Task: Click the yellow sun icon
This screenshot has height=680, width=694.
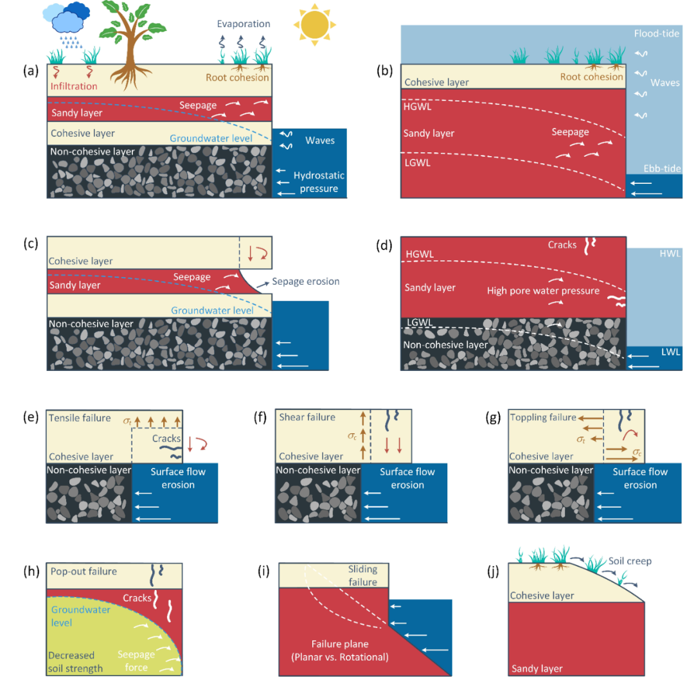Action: [x=315, y=25]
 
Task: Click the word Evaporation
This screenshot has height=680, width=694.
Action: [x=244, y=24]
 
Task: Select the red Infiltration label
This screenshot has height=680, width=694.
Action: [x=74, y=86]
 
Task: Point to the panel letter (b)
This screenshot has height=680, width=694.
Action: [x=384, y=71]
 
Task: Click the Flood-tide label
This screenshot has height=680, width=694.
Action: [x=656, y=33]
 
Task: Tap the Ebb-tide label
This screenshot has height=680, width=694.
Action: [x=662, y=168]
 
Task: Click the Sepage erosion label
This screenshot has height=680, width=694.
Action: [x=306, y=282]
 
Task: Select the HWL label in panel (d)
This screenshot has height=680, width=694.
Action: [x=670, y=254]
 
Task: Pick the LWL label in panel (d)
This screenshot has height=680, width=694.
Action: [x=670, y=352]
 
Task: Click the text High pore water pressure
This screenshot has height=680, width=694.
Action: [x=543, y=291]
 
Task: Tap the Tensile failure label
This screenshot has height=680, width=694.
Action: [x=80, y=418]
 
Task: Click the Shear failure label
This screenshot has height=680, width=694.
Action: [x=307, y=418]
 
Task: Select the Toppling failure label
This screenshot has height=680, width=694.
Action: [x=543, y=418]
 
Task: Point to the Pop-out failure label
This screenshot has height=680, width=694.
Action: [x=84, y=571]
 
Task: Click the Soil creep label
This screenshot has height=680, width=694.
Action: [x=630, y=561]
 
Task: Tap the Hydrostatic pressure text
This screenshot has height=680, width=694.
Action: [x=319, y=182]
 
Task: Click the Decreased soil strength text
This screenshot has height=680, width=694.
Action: [x=75, y=662]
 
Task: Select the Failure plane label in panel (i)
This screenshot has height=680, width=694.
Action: [x=340, y=644]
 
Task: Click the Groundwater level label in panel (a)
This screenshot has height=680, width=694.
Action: [x=211, y=139]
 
